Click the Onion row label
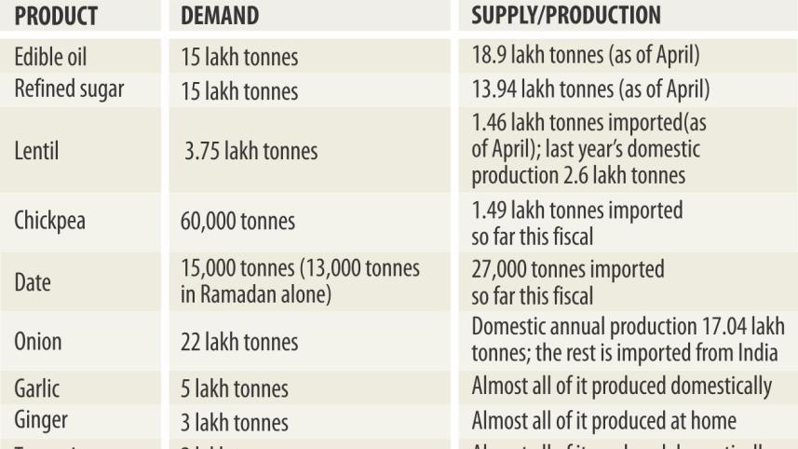(x=37, y=341)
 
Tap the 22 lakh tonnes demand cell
(x=239, y=342)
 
